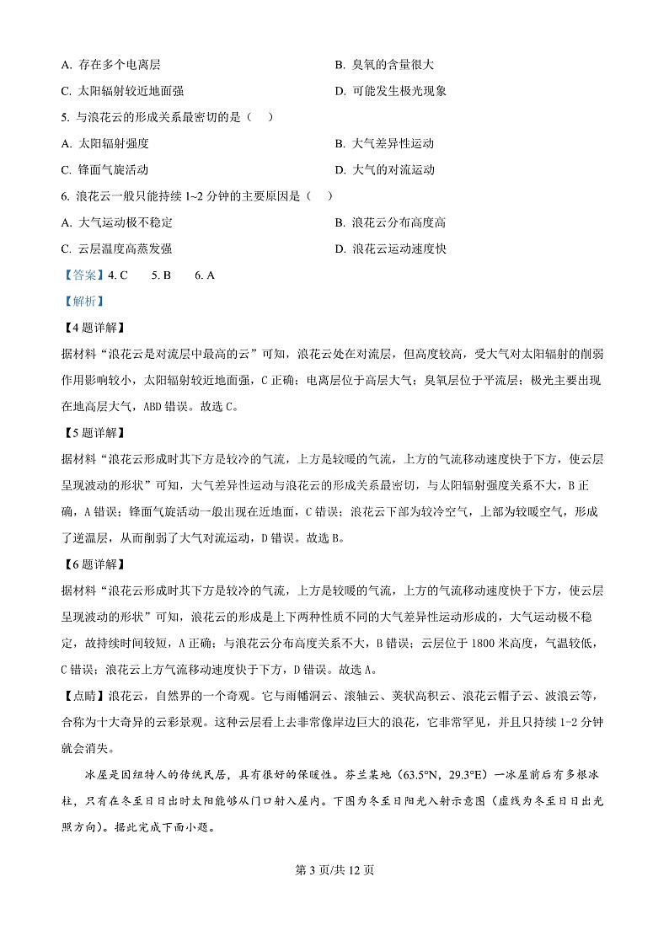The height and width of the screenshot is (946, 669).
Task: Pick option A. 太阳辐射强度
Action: point(104,143)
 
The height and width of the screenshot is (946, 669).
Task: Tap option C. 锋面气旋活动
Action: point(104,169)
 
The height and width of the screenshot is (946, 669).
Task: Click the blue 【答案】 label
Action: point(80,275)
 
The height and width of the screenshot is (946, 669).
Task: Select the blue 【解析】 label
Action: point(80,301)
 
